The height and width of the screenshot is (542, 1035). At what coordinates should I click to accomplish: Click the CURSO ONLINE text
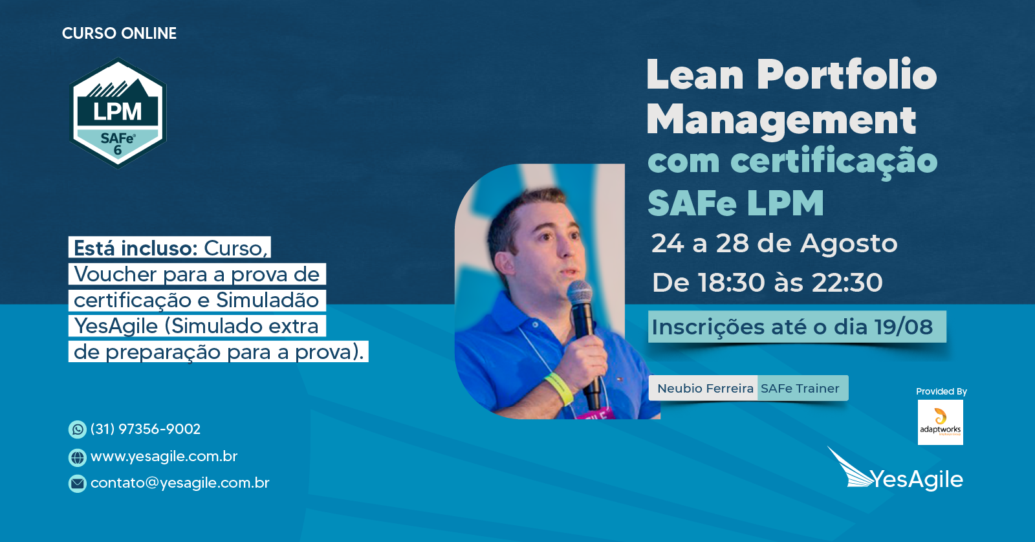click(119, 33)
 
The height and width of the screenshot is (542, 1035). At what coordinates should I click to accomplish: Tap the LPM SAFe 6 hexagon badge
click(118, 113)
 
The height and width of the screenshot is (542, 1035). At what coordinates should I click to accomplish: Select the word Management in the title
click(781, 120)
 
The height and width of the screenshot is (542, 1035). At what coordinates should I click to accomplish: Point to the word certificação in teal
click(834, 161)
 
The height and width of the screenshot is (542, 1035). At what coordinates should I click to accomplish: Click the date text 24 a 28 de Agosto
click(774, 243)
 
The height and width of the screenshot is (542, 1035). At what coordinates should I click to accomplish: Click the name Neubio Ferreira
click(705, 389)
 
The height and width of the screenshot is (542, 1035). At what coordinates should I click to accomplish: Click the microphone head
click(580, 292)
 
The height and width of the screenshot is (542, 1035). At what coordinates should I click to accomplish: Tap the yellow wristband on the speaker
click(559, 388)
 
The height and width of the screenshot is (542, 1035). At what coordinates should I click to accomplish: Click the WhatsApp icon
click(77, 429)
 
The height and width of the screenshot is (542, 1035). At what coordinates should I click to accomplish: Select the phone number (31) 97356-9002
click(146, 429)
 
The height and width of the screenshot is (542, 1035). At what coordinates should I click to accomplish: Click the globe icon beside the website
click(77, 457)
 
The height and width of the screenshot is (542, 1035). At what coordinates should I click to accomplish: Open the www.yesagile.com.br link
click(164, 457)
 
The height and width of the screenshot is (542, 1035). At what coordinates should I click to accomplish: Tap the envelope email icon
click(77, 484)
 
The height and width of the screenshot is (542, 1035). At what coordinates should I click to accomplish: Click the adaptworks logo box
click(941, 422)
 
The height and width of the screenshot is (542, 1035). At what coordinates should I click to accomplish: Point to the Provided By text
click(941, 391)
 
